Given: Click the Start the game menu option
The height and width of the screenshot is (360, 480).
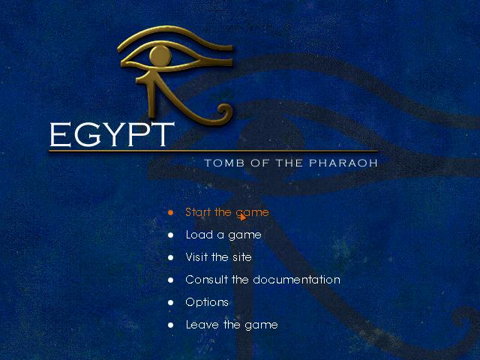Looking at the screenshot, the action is click(x=226, y=212).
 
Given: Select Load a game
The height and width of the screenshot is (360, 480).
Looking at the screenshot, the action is click(x=223, y=235).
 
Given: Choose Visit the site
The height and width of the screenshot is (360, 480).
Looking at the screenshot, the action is click(x=218, y=257).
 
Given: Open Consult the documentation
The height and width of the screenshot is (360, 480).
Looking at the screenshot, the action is click(x=262, y=280).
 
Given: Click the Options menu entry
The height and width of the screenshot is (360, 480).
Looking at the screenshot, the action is click(x=207, y=302).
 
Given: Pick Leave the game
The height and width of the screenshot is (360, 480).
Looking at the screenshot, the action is click(x=232, y=325).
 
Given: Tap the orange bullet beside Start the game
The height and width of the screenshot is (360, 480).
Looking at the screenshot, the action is click(x=170, y=212).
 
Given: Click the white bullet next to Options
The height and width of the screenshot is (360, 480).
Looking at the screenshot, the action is click(x=170, y=302).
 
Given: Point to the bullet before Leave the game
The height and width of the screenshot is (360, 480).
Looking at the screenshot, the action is click(x=170, y=325).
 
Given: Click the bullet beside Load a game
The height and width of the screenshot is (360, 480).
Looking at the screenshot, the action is click(x=170, y=235).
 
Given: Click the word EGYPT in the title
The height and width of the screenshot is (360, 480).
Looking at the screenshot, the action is click(x=112, y=134).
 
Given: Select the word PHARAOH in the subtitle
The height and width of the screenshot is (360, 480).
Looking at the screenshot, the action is click(x=343, y=163).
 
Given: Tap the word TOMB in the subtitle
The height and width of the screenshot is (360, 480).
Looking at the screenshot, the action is click(x=224, y=163).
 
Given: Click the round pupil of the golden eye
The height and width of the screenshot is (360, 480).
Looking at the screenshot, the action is click(x=160, y=56).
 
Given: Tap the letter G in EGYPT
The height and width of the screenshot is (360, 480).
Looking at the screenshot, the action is click(x=87, y=134).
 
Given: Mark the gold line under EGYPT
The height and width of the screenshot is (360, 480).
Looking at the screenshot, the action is click(x=213, y=151).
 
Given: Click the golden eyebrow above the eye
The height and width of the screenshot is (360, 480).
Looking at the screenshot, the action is click(x=175, y=37).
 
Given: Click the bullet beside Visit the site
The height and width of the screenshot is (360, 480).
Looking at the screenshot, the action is click(x=170, y=257).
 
